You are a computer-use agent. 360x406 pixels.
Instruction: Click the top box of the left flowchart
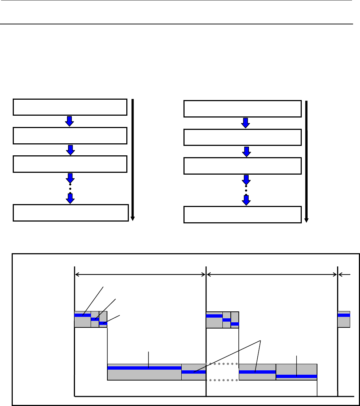coord(70,107)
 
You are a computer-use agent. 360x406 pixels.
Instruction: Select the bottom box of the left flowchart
coord(71,213)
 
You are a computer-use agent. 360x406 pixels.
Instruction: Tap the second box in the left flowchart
coord(70,135)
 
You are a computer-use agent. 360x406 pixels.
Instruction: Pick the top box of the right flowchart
coord(242,109)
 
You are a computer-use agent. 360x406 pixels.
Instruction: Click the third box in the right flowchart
coord(242,166)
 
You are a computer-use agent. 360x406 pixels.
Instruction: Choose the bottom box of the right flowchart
coord(242,214)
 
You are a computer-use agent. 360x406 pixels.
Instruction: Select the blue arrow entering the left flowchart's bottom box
coord(70,198)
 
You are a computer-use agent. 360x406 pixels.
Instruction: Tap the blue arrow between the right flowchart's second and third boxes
coord(246,151)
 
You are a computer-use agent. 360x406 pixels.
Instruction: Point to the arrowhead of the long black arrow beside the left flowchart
coord(133,218)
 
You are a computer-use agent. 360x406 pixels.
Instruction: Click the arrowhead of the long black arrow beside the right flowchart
coord(306,219)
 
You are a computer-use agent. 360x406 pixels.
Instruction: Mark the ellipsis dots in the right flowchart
coord(246,190)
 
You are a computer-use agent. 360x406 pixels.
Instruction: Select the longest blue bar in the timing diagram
coord(144,368)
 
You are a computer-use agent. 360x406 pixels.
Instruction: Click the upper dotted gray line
coord(222,364)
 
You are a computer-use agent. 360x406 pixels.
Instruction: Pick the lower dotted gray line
coord(222,380)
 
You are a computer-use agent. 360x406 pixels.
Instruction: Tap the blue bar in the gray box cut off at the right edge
coord(344,315)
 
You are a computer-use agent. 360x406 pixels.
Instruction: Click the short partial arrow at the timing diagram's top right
coord(344,275)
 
